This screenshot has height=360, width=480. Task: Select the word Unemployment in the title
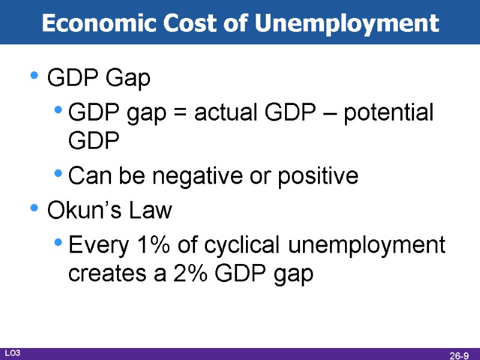tap(347, 23)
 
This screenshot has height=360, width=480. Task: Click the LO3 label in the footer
tap(13, 353)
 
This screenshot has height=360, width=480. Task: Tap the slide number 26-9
tap(459, 355)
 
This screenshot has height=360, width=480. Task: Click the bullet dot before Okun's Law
tap(34, 209)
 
